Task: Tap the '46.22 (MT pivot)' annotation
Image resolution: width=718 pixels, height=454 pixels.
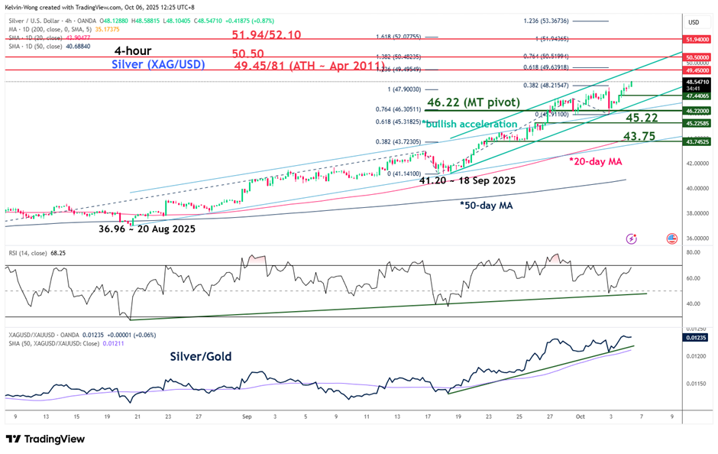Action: pyautogui.click(x=474, y=102)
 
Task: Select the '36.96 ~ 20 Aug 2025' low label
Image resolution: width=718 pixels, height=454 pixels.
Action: pyautogui.click(x=147, y=229)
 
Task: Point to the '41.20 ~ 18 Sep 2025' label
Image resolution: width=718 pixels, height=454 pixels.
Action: pyautogui.click(x=467, y=181)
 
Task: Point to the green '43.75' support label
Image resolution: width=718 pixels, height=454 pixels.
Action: pyautogui.click(x=639, y=136)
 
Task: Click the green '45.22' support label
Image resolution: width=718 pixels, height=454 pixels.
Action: pyautogui.click(x=642, y=118)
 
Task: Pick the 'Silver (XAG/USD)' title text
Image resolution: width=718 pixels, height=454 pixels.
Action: pyautogui.click(x=158, y=65)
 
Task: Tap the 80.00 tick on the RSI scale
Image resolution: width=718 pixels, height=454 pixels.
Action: pyautogui.click(x=694, y=252)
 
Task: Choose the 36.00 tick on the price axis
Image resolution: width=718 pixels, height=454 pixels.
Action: pyautogui.click(x=694, y=238)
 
